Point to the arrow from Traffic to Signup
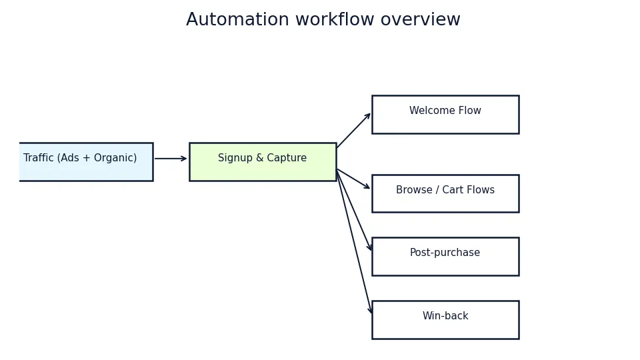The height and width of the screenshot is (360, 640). (171, 159)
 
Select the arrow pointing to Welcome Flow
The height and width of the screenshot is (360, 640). (353, 131)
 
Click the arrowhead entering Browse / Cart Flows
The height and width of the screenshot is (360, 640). (367, 187)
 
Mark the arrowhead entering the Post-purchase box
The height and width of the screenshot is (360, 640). (370, 248)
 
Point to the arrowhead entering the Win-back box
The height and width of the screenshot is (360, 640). (371, 311)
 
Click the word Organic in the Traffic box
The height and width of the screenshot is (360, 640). (114, 159)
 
